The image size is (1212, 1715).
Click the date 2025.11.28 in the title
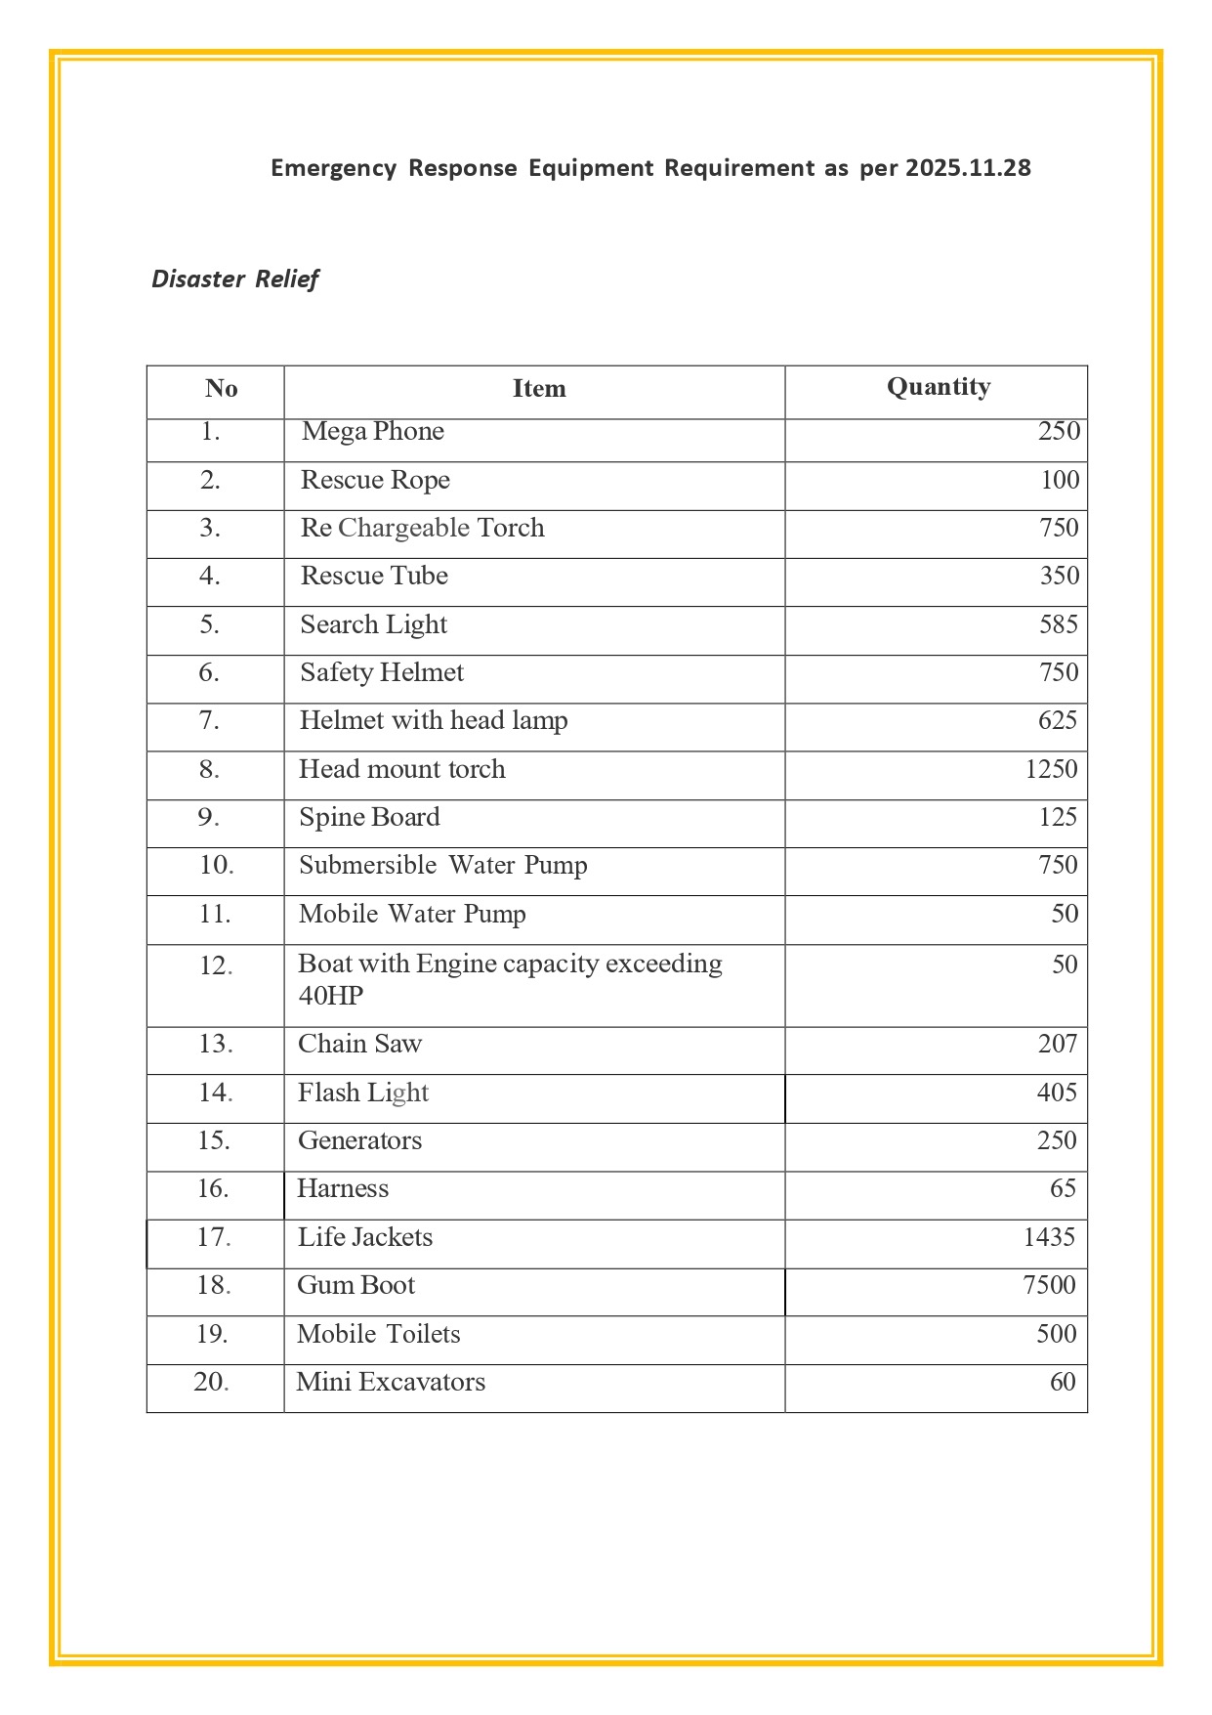point(967,168)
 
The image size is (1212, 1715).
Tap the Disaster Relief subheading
point(234,279)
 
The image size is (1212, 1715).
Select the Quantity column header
point(938,387)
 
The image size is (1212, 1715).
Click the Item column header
point(538,389)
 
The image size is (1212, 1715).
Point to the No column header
point(221,389)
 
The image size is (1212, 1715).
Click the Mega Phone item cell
point(372,432)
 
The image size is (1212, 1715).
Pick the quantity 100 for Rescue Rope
point(1060,480)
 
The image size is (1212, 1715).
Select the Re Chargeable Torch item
point(422,528)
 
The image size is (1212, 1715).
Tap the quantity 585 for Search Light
point(1058,624)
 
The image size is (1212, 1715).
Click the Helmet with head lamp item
point(433,720)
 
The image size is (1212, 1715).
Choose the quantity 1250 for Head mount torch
point(1051,769)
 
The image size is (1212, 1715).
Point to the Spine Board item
point(369,817)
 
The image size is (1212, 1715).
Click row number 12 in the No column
point(216,965)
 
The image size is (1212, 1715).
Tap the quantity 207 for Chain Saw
point(1057,1044)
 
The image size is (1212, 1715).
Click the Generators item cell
point(359,1140)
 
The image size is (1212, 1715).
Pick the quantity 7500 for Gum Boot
point(1049,1285)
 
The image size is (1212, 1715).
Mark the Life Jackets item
point(364,1237)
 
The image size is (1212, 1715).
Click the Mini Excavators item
point(391,1382)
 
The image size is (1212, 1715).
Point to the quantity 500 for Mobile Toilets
point(1056,1334)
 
